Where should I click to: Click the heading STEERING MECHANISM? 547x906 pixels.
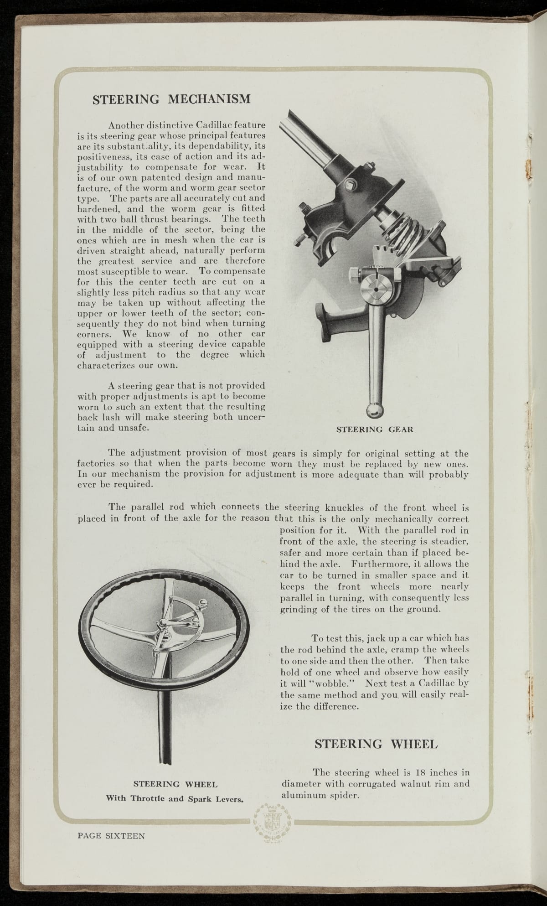coord(171,99)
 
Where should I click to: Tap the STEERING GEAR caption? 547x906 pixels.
coord(374,429)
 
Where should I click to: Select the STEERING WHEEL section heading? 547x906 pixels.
coord(376,744)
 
